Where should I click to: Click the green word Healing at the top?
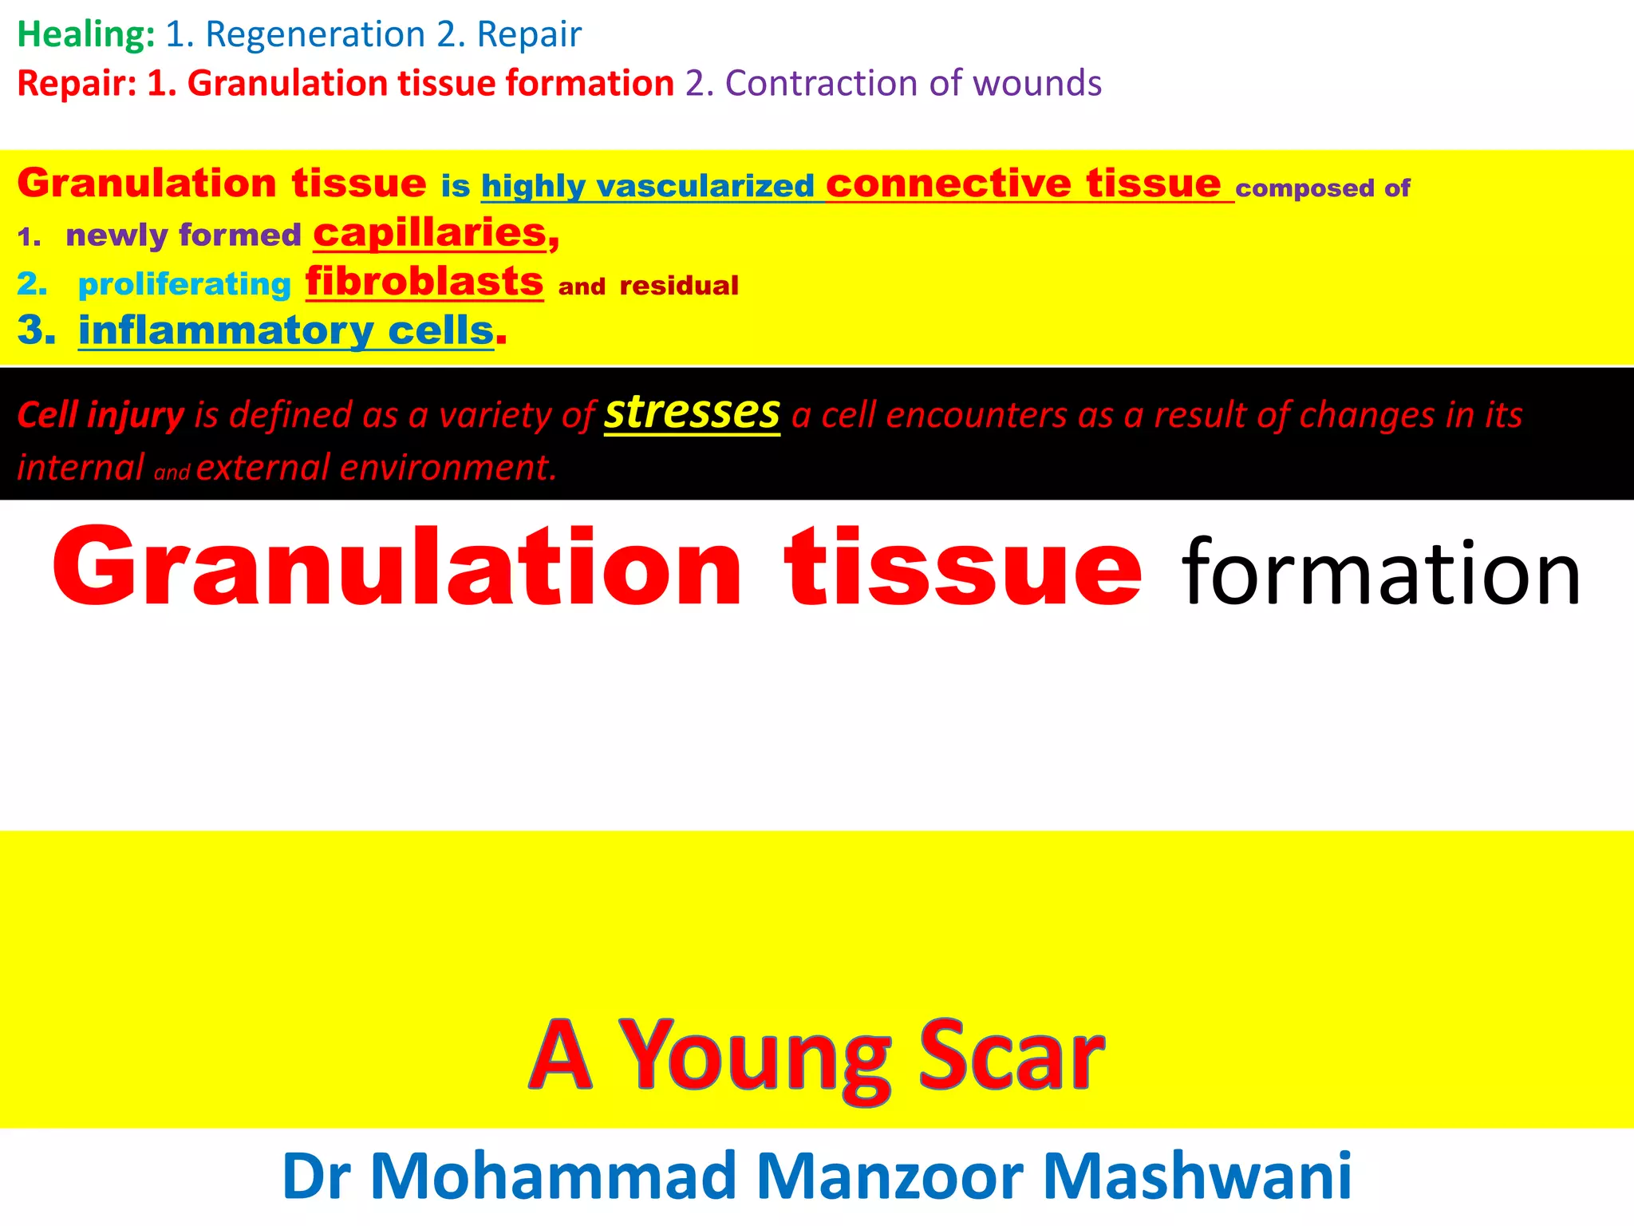[x=85, y=34]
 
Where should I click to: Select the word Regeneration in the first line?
[x=315, y=34]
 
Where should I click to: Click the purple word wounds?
[x=1037, y=83]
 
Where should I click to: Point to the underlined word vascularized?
[x=705, y=186]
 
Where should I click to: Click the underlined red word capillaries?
[x=430, y=233]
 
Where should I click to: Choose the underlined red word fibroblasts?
[x=424, y=282]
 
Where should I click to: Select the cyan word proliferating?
[x=184, y=284]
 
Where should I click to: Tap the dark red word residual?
[x=679, y=286]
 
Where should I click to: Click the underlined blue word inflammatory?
[x=226, y=330]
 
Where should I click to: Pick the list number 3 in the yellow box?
[x=36, y=330]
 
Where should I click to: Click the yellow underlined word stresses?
[x=692, y=413]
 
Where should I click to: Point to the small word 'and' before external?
[x=172, y=473]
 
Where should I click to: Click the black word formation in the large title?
[x=1380, y=572]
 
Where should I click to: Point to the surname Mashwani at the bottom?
[x=1197, y=1176]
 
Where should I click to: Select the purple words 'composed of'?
[x=1322, y=188]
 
